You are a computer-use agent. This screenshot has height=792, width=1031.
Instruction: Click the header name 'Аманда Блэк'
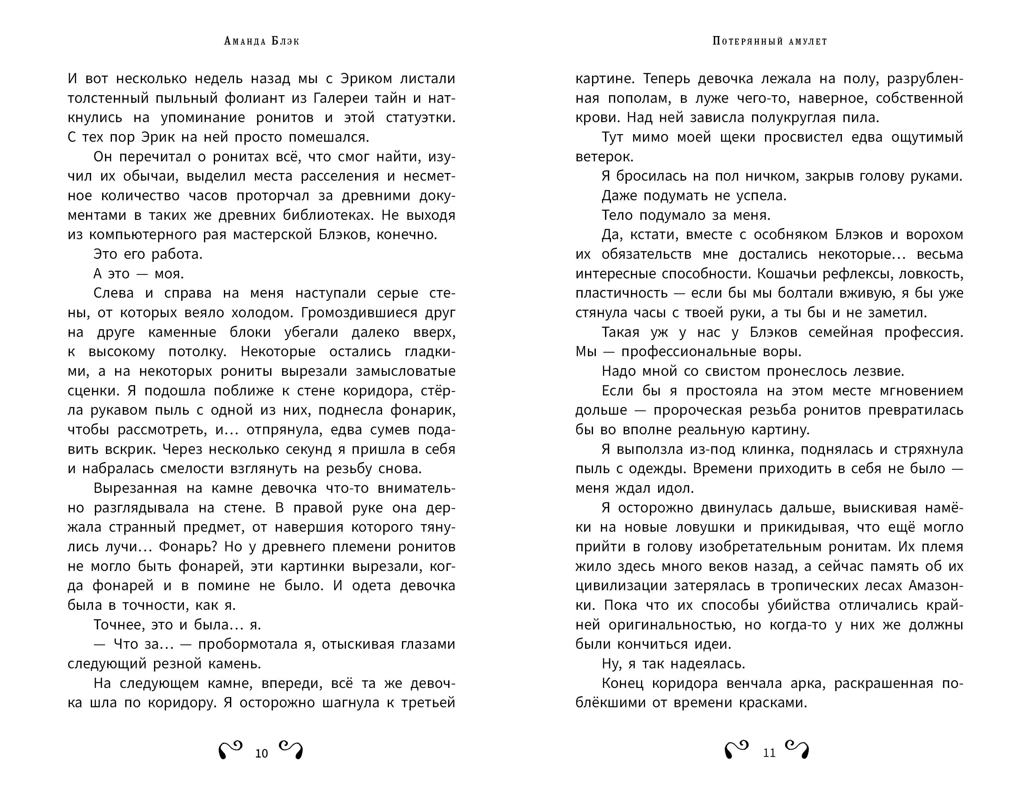point(262,41)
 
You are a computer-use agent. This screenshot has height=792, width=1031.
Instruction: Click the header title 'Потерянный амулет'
point(769,41)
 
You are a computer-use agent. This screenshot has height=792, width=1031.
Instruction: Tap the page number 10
point(261,753)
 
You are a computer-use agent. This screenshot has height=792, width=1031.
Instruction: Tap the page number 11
point(769,753)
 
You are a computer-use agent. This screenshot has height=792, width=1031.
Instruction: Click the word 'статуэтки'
point(421,117)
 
